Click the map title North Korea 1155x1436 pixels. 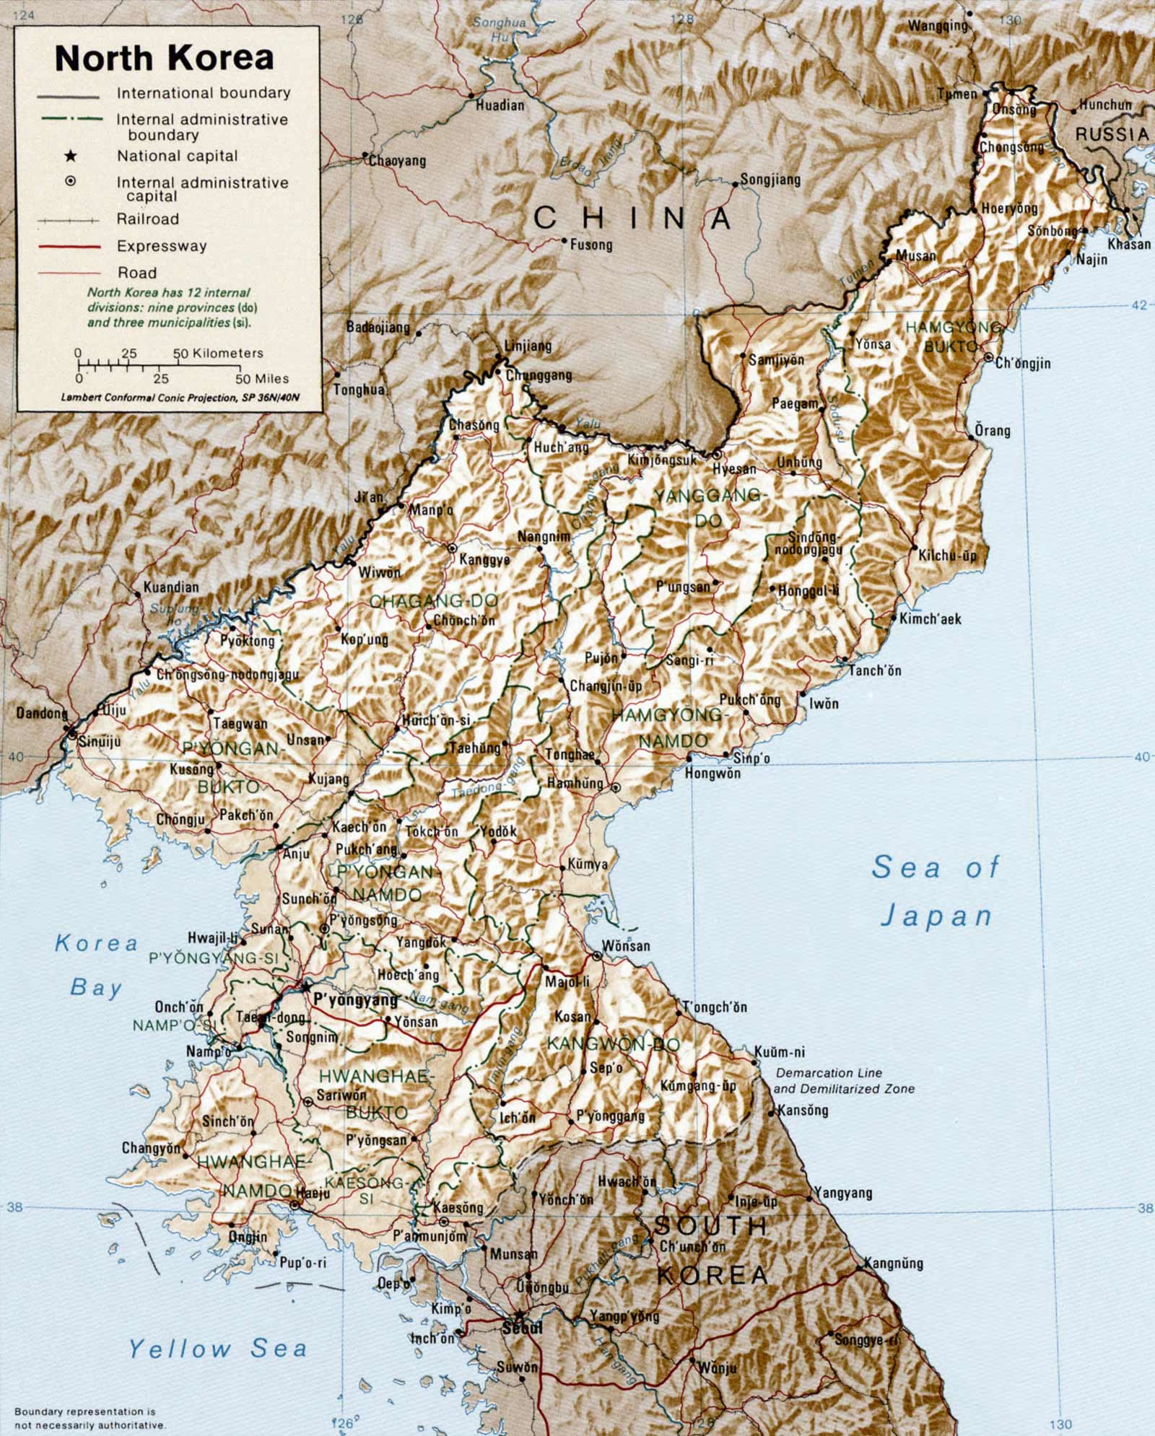[x=165, y=58]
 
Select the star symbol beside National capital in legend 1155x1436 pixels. [x=70, y=155]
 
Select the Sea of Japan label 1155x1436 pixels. [x=936, y=890]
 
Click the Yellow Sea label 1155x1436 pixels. [x=218, y=1348]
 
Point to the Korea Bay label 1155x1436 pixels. [x=96, y=966]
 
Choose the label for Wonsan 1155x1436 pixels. [x=626, y=945]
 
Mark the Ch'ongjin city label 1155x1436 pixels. [x=1023, y=364]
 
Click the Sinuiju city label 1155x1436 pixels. [x=100, y=741]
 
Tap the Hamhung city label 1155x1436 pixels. [x=575, y=783]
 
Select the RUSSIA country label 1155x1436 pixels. [x=1112, y=134]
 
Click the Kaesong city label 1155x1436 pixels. [x=458, y=1207]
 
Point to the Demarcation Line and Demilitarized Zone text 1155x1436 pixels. [x=843, y=1081]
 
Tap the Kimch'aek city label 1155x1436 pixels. [x=930, y=618]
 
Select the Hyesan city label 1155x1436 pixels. [x=734, y=469]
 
